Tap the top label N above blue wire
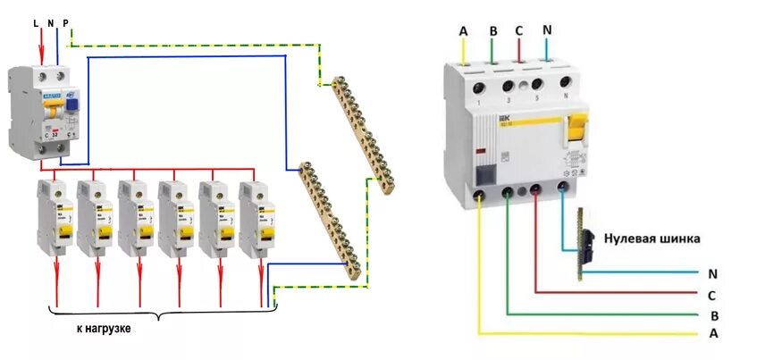(546, 29)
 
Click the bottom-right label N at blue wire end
(712, 272)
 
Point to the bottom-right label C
(712, 294)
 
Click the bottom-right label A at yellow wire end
(712, 334)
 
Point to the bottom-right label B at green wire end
(712, 314)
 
